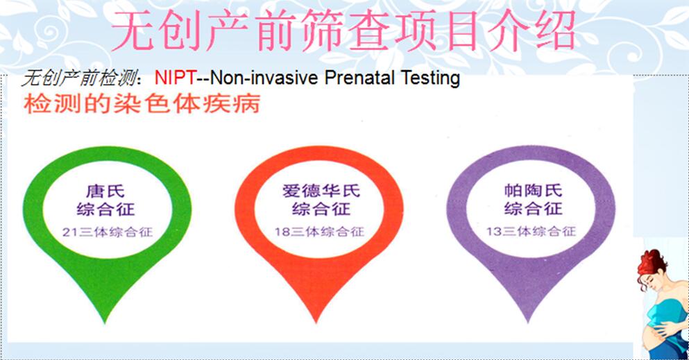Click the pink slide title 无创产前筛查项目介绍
[343, 31]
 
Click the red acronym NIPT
[175, 78]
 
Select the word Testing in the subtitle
[430, 78]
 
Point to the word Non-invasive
[264, 78]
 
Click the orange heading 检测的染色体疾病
[142, 103]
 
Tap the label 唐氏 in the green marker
[105, 191]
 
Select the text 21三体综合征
[108, 232]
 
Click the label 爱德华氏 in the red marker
[321, 191]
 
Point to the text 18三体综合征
[319, 232]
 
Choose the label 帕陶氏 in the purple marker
[533, 190]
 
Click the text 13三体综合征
[531, 231]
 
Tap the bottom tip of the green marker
[105, 323]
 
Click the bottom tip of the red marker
[316, 323]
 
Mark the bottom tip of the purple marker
[528, 323]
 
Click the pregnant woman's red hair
[651, 264]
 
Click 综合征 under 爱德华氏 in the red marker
[321, 209]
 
